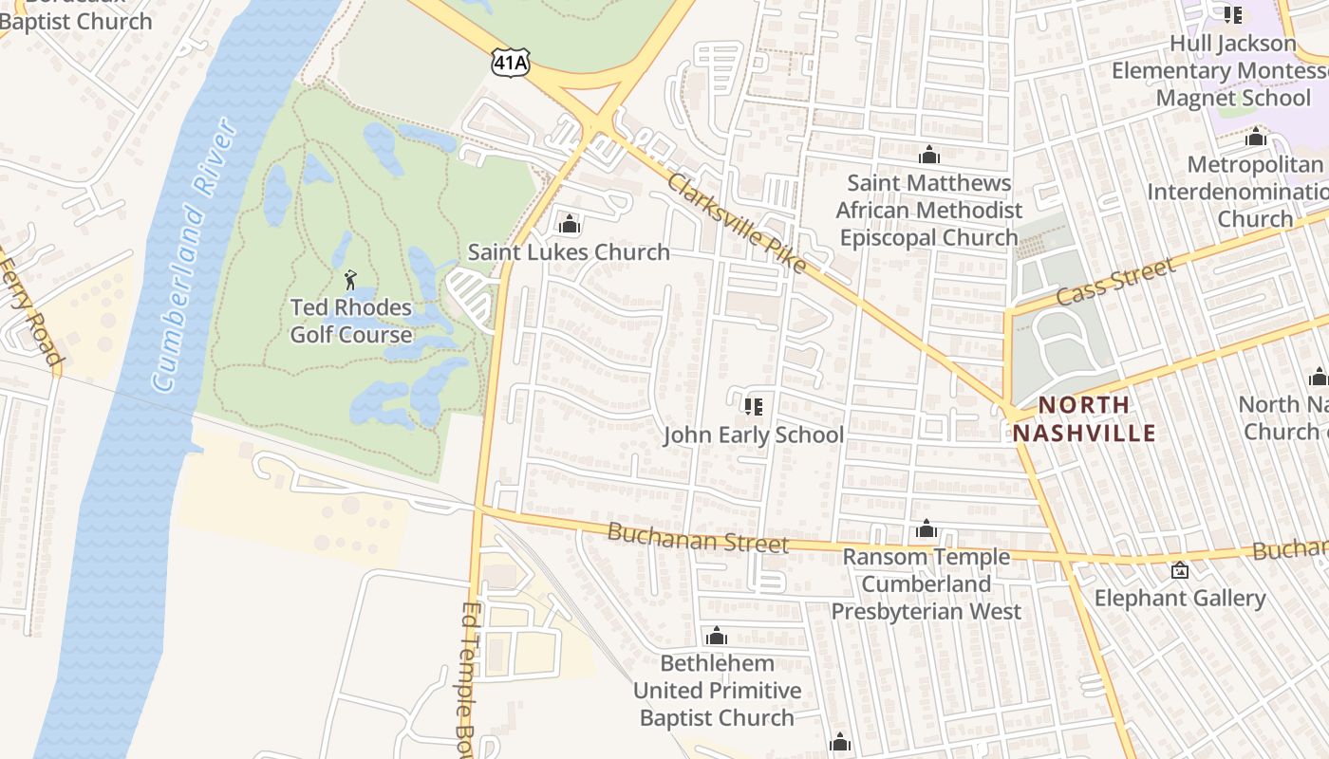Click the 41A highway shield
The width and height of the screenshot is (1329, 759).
pos(510,64)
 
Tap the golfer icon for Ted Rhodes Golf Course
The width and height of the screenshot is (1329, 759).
pos(350,280)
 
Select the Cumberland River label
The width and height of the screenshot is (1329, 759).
pos(194,254)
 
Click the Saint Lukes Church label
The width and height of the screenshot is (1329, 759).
pos(569,252)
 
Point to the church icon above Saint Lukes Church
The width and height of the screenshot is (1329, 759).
pos(570,225)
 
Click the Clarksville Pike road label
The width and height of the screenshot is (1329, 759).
pos(736,224)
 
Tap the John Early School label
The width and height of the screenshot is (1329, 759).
pos(753,435)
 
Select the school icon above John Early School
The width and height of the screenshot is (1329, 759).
pos(754,407)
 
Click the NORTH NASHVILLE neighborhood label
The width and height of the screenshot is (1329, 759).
pos(1084,418)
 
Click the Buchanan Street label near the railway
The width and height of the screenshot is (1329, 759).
pos(698,538)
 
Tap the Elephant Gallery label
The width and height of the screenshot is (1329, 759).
pos(1180,598)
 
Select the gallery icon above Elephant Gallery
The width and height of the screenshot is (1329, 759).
pos(1180,570)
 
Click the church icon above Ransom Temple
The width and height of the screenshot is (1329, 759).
pos(927,529)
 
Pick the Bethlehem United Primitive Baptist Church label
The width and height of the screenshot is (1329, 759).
pos(717,690)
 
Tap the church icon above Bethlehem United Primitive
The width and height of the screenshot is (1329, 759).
pos(717,636)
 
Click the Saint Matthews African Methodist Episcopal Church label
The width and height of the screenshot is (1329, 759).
pos(928,210)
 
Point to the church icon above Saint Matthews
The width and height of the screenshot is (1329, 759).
pos(928,155)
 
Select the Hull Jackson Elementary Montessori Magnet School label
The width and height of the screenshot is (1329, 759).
pos(1232,70)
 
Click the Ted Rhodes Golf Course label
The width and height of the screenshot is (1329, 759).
pos(351,321)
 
